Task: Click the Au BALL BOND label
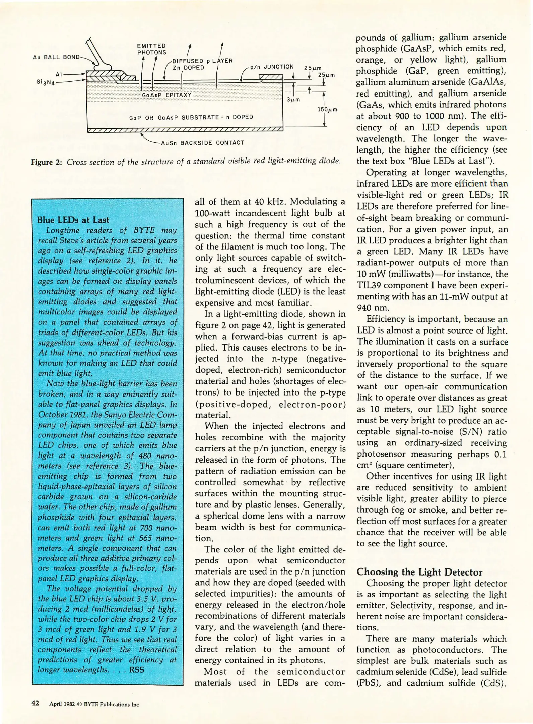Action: click(56, 57)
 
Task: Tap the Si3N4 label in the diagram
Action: click(46, 82)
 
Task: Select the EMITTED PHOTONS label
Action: click(151, 49)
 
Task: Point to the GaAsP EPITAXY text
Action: click(166, 95)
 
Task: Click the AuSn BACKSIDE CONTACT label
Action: click(202, 143)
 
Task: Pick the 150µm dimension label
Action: click(327, 110)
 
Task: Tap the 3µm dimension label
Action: click(293, 100)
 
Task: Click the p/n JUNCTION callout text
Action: click(272, 67)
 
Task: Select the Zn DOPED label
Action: click(188, 68)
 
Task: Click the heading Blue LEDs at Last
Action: click(73, 220)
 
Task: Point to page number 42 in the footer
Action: click(35, 703)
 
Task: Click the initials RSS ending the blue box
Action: click(136, 670)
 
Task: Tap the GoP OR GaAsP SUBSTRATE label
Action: click(191, 117)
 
